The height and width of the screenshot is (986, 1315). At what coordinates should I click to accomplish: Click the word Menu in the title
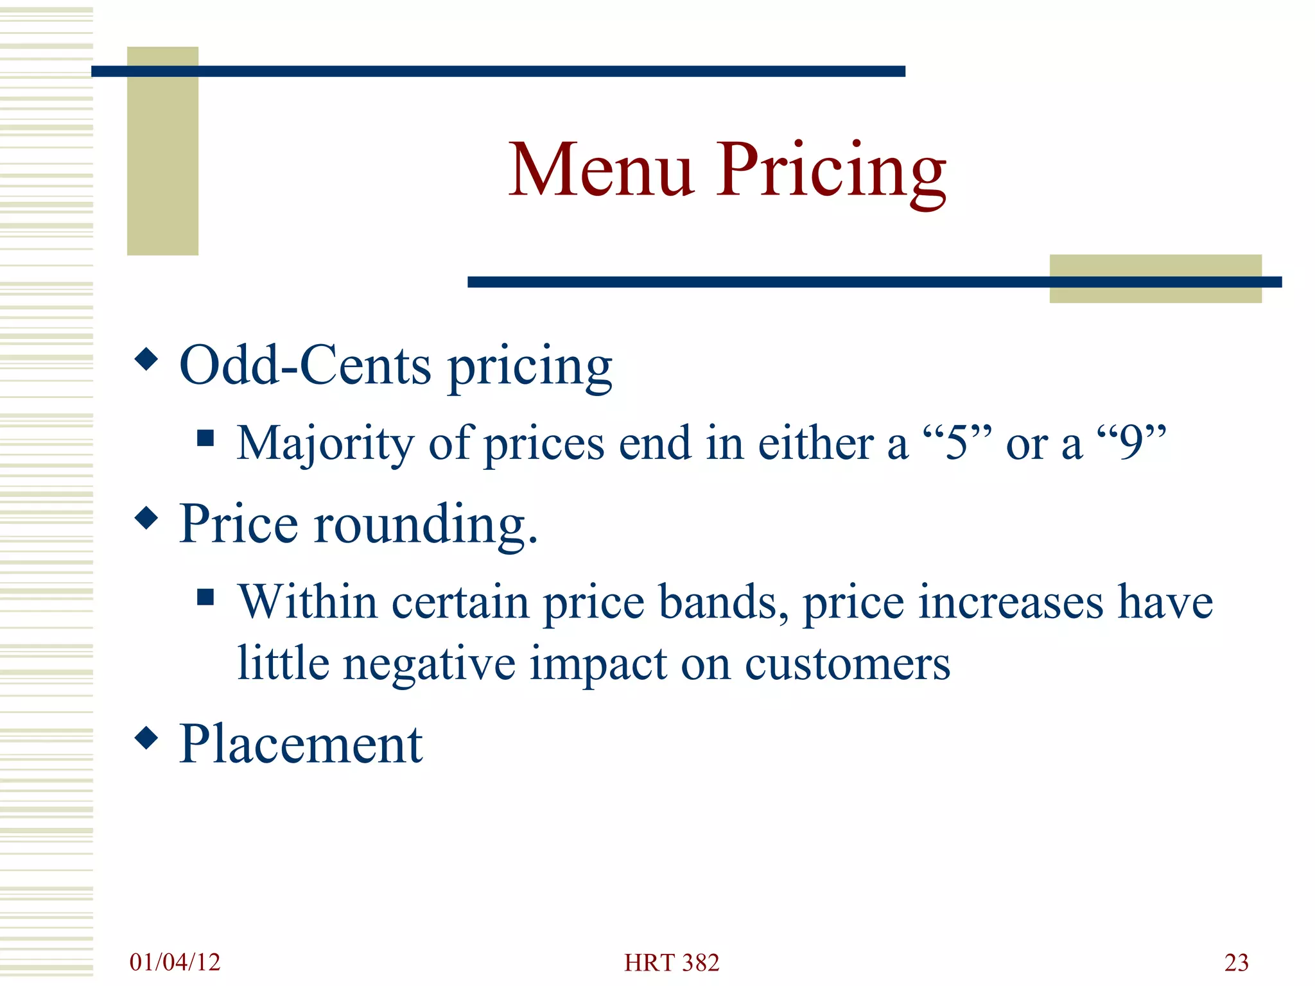(x=601, y=169)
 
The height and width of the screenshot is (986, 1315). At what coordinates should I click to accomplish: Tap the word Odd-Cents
(x=305, y=366)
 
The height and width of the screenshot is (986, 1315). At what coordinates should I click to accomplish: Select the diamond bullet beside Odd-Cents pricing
(x=147, y=359)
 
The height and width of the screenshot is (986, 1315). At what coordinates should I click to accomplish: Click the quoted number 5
(x=957, y=443)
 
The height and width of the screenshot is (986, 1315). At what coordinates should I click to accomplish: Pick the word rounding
(x=425, y=525)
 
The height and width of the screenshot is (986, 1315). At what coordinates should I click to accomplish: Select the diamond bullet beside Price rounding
(x=147, y=517)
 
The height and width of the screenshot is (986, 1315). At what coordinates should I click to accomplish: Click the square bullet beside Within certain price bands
(x=205, y=598)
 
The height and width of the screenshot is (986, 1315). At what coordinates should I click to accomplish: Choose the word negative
(x=429, y=664)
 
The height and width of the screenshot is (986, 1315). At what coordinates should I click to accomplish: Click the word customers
(x=847, y=664)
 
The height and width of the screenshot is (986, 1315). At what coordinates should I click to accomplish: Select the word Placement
(x=300, y=745)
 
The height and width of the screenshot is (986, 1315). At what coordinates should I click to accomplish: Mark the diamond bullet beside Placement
(x=147, y=738)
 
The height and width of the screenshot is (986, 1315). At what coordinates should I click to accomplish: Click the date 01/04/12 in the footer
(x=175, y=962)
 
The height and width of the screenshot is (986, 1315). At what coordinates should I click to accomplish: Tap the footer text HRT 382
(x=672, y=963)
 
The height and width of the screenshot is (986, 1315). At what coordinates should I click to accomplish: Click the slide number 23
(x=1236, y=963)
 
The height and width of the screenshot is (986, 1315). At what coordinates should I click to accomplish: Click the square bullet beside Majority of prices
(x=205, y=438)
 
